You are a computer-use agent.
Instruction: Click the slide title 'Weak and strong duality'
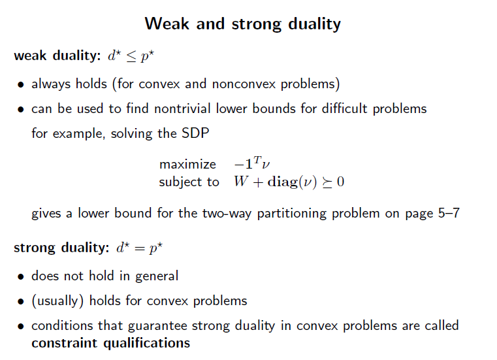point(242,24)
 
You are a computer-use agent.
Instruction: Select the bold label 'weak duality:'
point(56,56)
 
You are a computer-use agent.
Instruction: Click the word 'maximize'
point(187,164)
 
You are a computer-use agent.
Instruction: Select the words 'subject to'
point(189,182)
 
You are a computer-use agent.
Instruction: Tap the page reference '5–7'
point(447,214)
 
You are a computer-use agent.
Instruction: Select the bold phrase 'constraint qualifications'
point(110,343)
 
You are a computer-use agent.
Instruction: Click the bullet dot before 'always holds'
point(22,84)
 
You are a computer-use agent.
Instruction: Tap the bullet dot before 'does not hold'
point(22,276)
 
